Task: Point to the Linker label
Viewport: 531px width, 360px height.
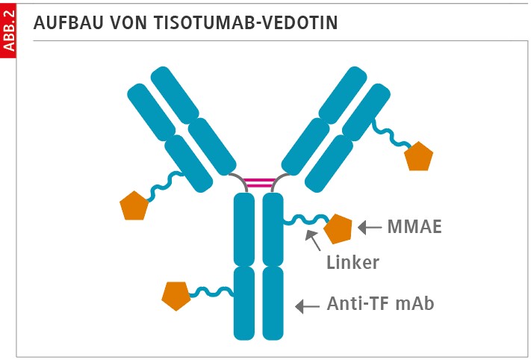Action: coord(353,262)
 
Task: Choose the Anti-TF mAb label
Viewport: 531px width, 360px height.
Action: coord(381,304)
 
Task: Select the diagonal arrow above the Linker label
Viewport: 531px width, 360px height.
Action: coord(313,240)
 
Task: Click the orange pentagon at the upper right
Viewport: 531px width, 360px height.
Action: coord(418,156)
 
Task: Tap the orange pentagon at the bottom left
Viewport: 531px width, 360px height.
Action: coord(176,295)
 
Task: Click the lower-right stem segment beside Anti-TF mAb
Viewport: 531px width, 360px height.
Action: coord(273,302)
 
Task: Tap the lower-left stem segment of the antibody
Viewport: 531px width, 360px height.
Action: coord(245,302)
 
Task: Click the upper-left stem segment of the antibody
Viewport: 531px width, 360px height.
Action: coord(245,228)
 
